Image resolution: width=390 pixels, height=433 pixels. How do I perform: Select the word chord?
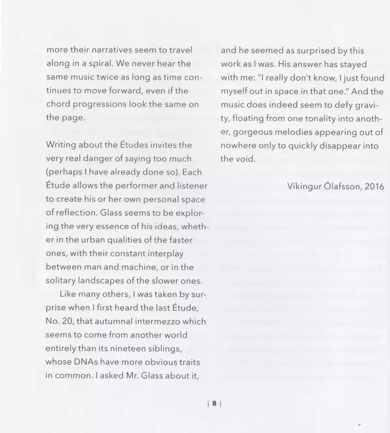click(x=58, y=105)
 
